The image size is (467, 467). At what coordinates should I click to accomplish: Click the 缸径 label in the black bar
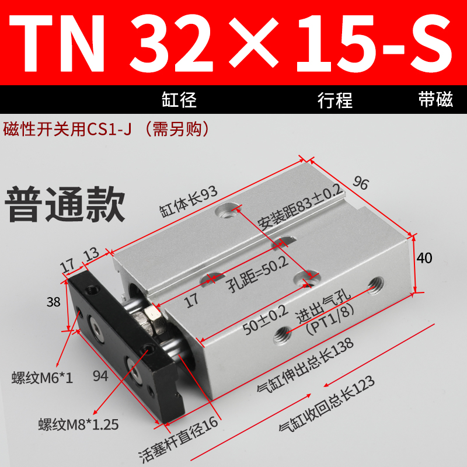coord(179,100)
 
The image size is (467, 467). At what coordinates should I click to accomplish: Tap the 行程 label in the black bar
coord(335,100)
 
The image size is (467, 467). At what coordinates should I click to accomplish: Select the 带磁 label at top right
coord(435,100)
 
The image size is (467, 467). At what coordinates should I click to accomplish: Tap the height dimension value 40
coord(425,258)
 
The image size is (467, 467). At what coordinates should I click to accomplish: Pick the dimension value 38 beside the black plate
coord(54,302)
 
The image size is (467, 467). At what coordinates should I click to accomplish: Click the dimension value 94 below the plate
coord(100,377)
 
